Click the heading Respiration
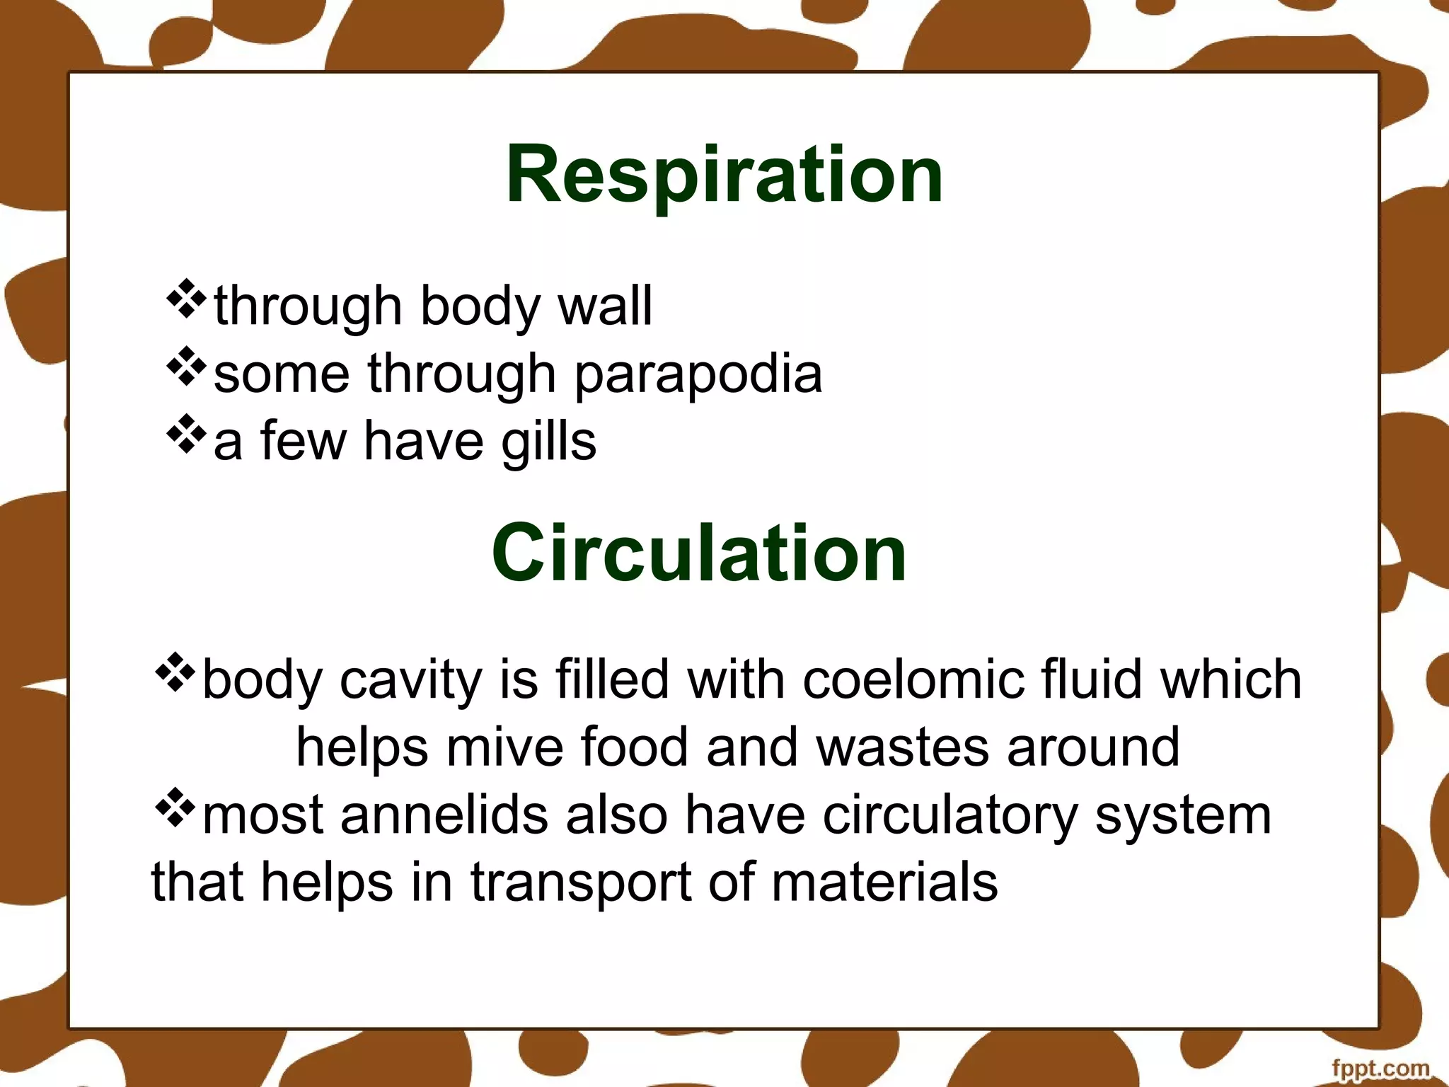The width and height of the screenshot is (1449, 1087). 724,174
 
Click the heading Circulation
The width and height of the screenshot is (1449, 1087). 699,553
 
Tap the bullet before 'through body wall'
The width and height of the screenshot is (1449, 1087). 186,299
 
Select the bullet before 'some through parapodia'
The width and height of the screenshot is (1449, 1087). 186,366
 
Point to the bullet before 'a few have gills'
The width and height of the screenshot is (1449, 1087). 186,434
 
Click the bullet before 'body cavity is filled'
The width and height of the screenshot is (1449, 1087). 174,672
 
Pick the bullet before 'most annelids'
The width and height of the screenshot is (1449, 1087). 174,808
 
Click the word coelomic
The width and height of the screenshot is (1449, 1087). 913,680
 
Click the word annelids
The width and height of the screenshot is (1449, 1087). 444,815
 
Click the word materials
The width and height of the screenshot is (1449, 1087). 884,883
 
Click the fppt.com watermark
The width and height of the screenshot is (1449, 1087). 1380,1068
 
